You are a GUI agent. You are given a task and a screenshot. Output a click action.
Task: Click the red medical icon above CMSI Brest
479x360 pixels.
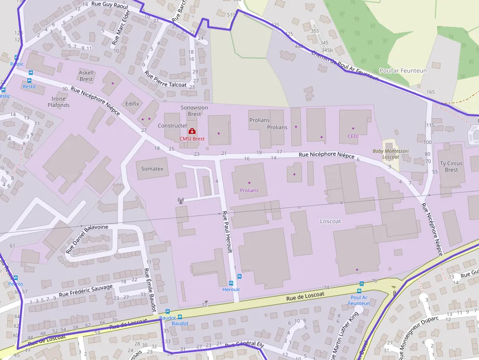(x=192, y=131)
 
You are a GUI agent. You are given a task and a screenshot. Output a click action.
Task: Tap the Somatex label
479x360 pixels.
(x=152, y=169)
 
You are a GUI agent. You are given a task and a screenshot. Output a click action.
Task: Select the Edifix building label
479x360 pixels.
(x=132, y=104)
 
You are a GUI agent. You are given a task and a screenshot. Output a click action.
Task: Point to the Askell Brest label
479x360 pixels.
(x=86, y=76)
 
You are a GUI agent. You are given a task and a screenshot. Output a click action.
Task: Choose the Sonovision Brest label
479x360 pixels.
(x=194, y=110)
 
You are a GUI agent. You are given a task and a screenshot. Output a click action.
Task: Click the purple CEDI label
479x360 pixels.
(x=353, y=136)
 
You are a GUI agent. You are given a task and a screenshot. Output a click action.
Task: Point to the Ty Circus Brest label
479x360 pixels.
(x=452, y=167)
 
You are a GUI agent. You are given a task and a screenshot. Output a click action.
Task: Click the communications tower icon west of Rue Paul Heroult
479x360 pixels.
(x=180, y=200)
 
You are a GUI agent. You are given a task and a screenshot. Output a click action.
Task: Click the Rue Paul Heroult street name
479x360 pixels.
(x=229, y=234)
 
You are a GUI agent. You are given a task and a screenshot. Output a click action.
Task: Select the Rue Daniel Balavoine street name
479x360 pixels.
(x=87, y=239)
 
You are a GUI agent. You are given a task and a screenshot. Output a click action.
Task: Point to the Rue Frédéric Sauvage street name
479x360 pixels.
(x=86, y=291)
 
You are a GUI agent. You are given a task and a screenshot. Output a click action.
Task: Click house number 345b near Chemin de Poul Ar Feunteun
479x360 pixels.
(x=327, y=50)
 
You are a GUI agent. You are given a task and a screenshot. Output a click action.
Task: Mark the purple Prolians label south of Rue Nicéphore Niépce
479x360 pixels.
(x=249, y=190)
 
